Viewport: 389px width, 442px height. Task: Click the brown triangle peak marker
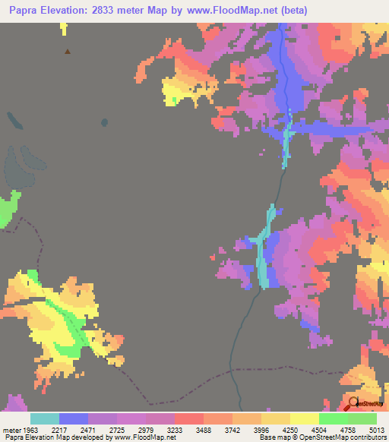click(x=68, y=52)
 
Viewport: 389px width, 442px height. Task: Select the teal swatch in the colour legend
click(x=45, y=418)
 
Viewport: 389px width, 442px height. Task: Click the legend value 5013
click(x=377, y=429)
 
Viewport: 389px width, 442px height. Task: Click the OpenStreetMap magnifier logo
click(x=353, y=403)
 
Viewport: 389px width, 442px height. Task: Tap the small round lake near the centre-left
click(x=103, y=121)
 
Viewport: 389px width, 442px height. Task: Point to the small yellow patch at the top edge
click(x=63, y=28)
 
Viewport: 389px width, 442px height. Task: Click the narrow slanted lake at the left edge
click(x=13, y=118)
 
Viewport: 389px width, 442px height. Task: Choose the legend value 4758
click(x=334, y=429)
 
